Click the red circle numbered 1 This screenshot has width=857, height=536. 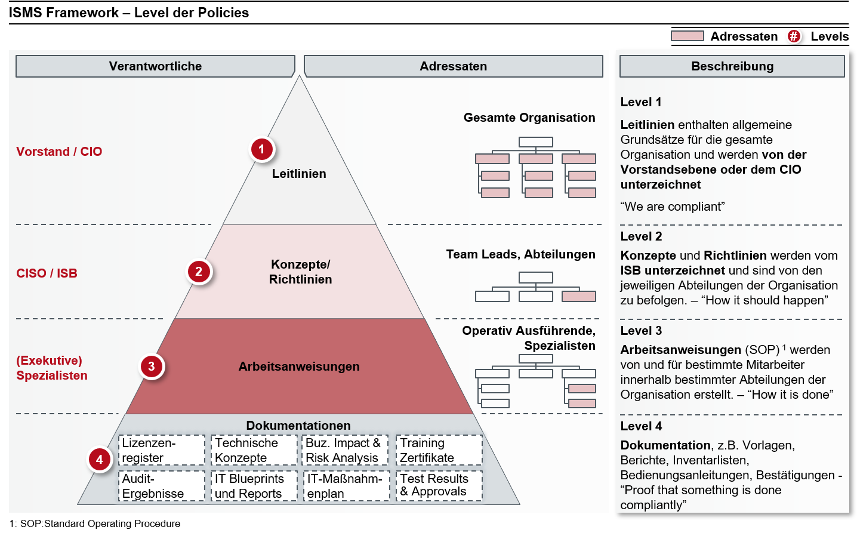click(x=261, y=149)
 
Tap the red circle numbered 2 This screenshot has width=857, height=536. click(x=199, y=272)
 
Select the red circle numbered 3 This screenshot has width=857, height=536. click(x=152, y=366)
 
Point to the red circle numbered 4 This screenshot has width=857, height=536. click(x=100, y=460)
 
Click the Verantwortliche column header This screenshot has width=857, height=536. click(x=155, y=66)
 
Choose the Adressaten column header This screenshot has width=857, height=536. click(x=453, y=66)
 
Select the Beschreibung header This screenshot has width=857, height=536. click(x=732, y=66)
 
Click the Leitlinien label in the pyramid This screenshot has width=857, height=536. click(x=299, y=174)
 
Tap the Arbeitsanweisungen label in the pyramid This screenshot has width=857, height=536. click(x=299, y=366)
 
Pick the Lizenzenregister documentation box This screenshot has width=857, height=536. click(x=162, y=450)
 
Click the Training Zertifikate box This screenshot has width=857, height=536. click(x=439, y=450)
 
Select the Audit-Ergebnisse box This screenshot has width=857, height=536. click(x=162, y=486)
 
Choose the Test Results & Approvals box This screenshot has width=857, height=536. click(x=439, y=485)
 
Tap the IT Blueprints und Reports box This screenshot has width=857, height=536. click(x=254, y=486)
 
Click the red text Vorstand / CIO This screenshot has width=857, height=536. click(x=59, y=152)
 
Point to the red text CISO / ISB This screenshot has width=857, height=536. click(x=47, y=273)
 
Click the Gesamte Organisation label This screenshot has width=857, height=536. click(x=529, y=118)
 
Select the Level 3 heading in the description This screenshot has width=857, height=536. click(x=641, y=331)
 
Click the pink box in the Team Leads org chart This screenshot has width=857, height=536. click(x=579, y=296)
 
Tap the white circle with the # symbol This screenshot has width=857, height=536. click(x=794, y=36)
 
